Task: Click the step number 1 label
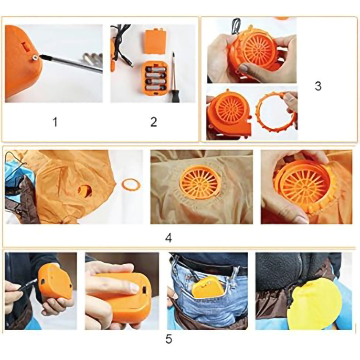(x=55, y=121)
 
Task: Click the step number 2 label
(x=153, y=121)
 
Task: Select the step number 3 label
(x=318, y=86)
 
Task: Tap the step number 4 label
(x=168, y=238)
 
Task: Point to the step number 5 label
(x=169, y=339)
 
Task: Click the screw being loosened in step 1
(x=35, y=58)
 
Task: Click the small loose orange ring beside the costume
(x=131, y=184)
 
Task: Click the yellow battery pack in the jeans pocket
(x=206, y=287)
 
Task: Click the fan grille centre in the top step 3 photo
(x=258, y=48)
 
